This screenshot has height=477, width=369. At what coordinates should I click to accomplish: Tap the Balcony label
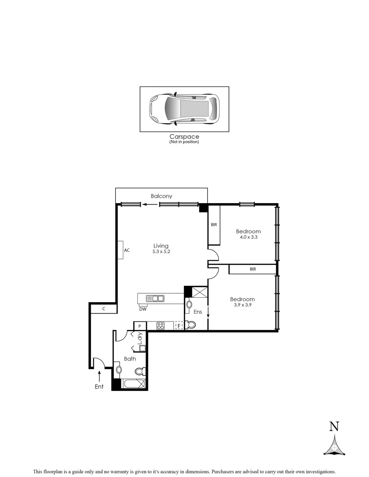[x=161, y=196]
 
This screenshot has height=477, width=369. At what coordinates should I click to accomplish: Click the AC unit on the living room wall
[x=121, y=250]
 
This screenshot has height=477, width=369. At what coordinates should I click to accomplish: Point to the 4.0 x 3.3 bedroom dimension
[x=248, y=238]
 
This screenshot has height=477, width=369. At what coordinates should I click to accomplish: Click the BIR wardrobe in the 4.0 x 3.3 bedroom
[x=214, y=225]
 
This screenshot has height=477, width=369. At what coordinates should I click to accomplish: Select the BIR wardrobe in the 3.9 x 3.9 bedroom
[x=252, y=269]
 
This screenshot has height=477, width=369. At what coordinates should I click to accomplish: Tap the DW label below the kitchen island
[x=143, y=309]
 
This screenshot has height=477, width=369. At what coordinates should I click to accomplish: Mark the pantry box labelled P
[x=140, y=326]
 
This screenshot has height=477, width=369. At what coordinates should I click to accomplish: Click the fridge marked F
[x=179, y=326]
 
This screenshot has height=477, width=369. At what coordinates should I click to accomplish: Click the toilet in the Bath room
[x=140, y=371]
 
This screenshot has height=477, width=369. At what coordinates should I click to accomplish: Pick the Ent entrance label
[x=99, y=387]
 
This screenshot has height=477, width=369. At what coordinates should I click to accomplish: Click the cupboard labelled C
[x=103, y=309]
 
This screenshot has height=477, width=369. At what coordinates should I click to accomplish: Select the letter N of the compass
[x=334, y=427]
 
